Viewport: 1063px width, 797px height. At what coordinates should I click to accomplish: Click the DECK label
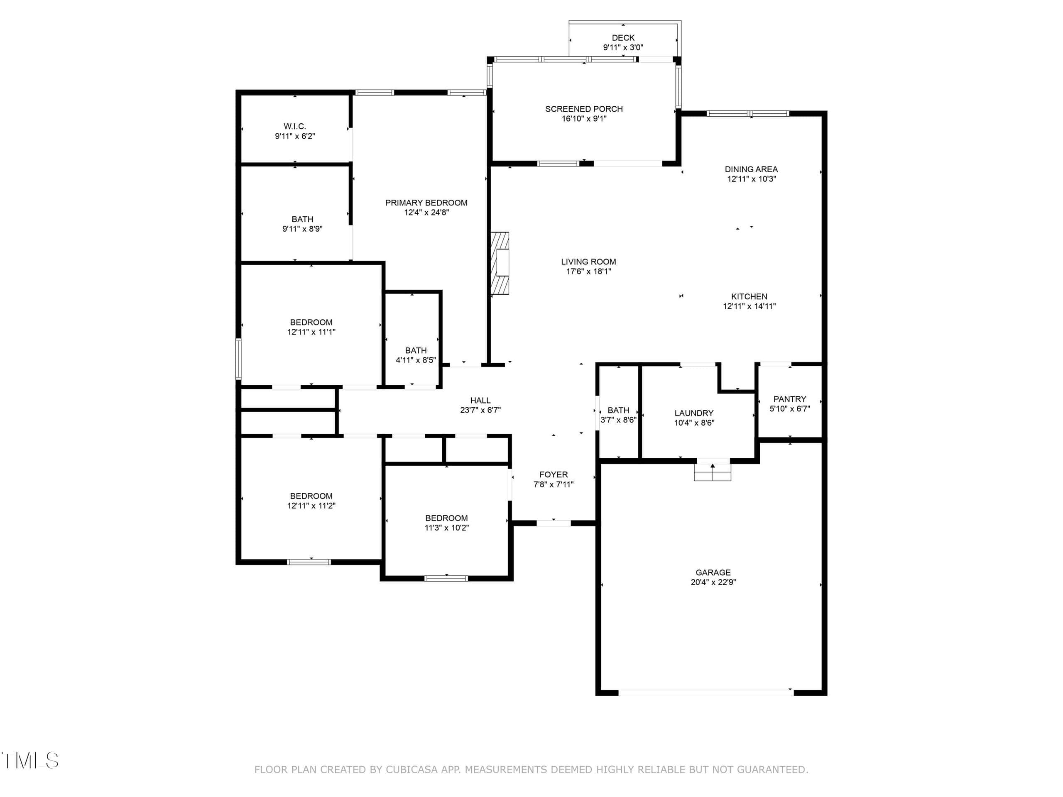pyautogui.click(x=623, y=37)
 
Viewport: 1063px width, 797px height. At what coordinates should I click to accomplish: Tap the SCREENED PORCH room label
pyautogui.click(x=584, y=109)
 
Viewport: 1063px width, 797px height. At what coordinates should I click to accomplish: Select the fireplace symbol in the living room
pyautogui.click(x=500, y=263)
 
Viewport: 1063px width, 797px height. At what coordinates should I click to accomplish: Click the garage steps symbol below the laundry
pyautogui.click(x=713, y=469)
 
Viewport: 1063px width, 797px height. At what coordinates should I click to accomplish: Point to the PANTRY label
pyautogui.click(x=789, y=399)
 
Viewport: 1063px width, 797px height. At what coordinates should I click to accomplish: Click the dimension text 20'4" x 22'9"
pyautogui.click(x=713, y=582)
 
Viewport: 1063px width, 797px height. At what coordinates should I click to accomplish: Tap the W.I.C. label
pyautogui.click(x=294, y=126)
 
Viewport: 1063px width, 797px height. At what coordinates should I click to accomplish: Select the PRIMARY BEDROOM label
pyautogui.click(x=426, y=203)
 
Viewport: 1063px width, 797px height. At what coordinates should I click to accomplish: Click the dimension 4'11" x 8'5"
pyautogui.click(x=416, y=360)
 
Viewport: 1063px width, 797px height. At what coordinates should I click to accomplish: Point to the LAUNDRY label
pyautogui.click(x=694, y=413)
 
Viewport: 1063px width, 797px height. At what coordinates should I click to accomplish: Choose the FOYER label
pyautogui.click(x=554, y=474)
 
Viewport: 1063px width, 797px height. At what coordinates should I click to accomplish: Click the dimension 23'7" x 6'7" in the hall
pyautogui.click(x=480, y=410)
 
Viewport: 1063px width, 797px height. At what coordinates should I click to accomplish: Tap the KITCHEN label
pyautogui.click(x=749, y=297)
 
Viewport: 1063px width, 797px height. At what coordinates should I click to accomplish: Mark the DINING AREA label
pyautogui.click(x=751, y=169)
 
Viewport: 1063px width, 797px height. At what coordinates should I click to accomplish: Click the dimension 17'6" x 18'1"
pyautogui.click(x=589, y=271)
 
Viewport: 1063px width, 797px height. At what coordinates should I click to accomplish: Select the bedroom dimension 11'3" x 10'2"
pyautogui.click(x=446, y=528)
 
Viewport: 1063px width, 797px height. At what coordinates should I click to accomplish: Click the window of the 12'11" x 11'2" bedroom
pyautogui.click(x=309, y=562)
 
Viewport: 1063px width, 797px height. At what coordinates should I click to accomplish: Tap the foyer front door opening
pyautogui.click(x=554, y=523)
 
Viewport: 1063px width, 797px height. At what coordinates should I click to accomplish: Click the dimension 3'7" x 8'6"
pyautogui.click(x=618, y=420)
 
